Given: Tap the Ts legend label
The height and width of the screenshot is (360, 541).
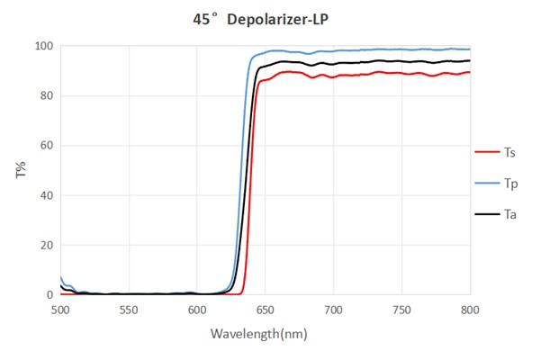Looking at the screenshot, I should pyautogui.click(x=509, y=151).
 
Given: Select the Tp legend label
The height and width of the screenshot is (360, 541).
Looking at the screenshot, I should pyautogui.click(x=509, y=183).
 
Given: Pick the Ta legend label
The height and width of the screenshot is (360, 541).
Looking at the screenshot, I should pyautogui.click(x=509, y=214).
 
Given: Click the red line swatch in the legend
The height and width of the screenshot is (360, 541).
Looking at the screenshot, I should pyautogui.click(x=486, y=151).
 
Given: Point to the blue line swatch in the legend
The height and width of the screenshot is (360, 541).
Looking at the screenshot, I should pyautogui.click(x=486, y=183).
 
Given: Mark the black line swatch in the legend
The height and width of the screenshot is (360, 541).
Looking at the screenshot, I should pyautogui.click(x=486, y=214).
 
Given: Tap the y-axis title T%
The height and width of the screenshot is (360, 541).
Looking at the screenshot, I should pyautogui.click(x=21, y=170).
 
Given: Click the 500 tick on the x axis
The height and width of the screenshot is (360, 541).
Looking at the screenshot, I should pyautogui.click(x=60, y=310).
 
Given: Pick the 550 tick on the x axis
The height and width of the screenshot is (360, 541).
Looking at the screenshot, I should pyautogui.click(x=129, y=310).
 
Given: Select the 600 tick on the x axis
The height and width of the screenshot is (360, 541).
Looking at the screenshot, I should pyautogui.click(x=197, y=310).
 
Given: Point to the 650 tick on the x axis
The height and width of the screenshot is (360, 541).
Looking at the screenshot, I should pyautogui.click(x=266, y=310).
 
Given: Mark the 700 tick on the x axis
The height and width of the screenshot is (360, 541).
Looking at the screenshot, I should pyautogui.click(x=334, y=310).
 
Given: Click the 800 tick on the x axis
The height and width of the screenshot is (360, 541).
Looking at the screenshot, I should pyautogui.click(x=470, y=310).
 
